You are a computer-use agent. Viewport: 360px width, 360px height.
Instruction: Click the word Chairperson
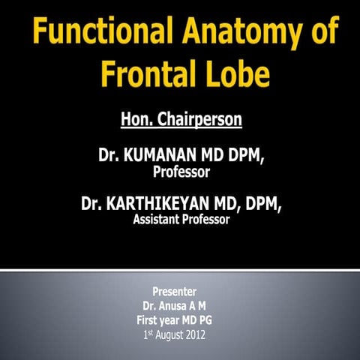(197, 118)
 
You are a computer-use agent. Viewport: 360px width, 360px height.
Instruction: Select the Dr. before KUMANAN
(109, 157)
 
